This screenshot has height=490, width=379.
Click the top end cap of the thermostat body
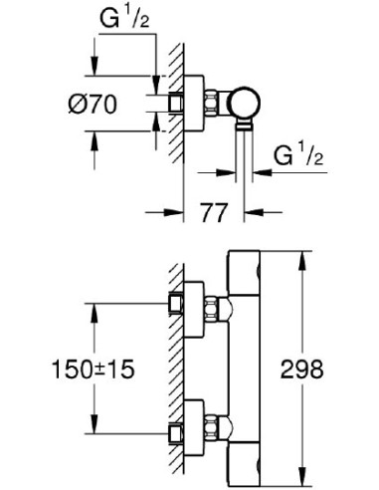coord(249,261)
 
